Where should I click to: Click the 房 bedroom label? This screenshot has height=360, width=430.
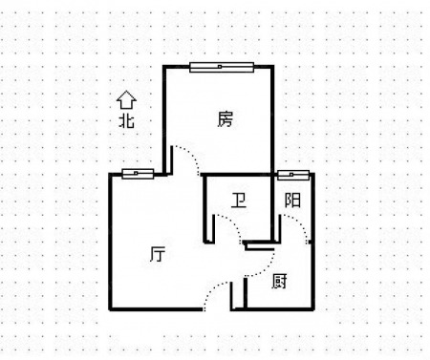point(226,119)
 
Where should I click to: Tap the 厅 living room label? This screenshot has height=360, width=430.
point(158,254)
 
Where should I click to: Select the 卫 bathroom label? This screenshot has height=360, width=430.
point(239,201)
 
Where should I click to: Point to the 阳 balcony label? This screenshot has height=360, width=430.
point(292,201)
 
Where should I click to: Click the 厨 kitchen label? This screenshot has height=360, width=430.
point(279,282)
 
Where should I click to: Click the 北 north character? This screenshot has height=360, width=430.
point(126,120)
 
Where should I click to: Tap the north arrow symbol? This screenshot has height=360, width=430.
point(126,99)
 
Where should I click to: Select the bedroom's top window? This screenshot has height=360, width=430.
point(222,67)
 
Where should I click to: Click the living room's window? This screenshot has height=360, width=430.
point(138,174)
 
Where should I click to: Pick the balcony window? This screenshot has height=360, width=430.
point(293,175)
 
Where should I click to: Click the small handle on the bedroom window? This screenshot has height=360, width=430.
point(220,67)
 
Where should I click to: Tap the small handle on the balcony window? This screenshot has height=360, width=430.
point(291,175)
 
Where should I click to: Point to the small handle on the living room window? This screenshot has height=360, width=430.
point(136,174)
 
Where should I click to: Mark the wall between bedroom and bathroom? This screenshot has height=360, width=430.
point(237,175)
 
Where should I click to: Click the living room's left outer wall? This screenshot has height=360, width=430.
point(110,242)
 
